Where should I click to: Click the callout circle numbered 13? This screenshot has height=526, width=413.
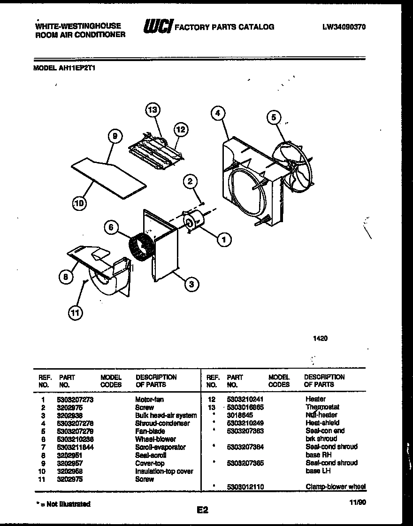click(152, 110)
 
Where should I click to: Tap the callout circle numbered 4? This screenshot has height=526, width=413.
click(216, 113)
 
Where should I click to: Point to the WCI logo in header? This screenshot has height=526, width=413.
click(158, 27)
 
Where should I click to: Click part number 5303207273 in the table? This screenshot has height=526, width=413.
click(76, 399)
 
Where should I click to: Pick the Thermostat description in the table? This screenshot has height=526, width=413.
click(322, 407)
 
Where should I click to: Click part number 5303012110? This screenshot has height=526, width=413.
click(245, 487)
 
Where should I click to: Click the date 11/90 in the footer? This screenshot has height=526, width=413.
click(358, 502)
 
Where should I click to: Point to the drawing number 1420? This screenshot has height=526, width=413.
click(321, 338)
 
